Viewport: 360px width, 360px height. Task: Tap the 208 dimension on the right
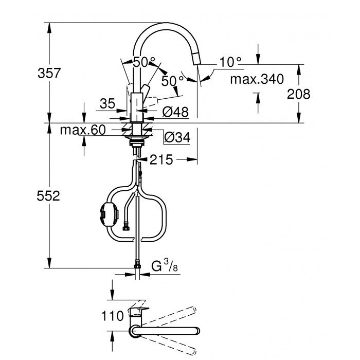pos(299,94)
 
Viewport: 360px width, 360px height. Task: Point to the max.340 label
pos(257,79)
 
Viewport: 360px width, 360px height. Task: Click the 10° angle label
pos(230,62)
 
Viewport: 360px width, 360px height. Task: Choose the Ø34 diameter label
pos(176,137)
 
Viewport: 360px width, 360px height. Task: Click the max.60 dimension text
pos(83,130)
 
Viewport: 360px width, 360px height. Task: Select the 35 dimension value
pos(107,103)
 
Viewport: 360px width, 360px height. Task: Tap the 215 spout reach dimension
pos(160,160)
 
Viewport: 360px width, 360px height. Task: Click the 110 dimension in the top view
pos(113,315)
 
